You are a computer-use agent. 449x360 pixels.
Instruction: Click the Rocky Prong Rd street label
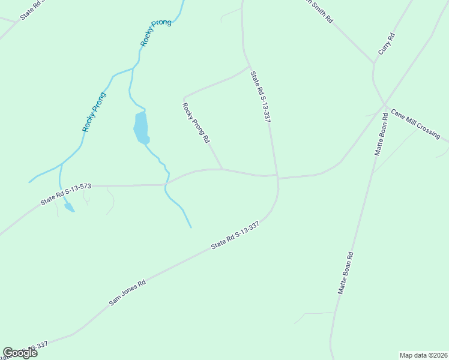(196, 123)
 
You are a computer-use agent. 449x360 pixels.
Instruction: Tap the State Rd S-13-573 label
(66, 194)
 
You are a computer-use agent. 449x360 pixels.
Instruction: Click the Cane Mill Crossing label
(415, 124)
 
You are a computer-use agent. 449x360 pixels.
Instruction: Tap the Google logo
(20, 353)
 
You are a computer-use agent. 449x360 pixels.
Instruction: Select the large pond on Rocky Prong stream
(140, 127)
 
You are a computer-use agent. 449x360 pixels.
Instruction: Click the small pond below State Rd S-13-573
(69, 208)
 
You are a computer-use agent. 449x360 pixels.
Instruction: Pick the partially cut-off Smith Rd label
(318, 11)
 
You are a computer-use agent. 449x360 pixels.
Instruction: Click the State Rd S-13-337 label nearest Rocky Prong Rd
(261, 97)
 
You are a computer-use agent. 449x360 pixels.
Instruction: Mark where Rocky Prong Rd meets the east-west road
(223, 169)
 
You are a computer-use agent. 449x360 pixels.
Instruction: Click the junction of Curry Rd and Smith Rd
(374, 63)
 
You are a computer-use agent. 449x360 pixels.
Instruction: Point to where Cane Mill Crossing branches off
(385, 106)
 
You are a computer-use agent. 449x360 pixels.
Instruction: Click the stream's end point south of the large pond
(191, 227)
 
